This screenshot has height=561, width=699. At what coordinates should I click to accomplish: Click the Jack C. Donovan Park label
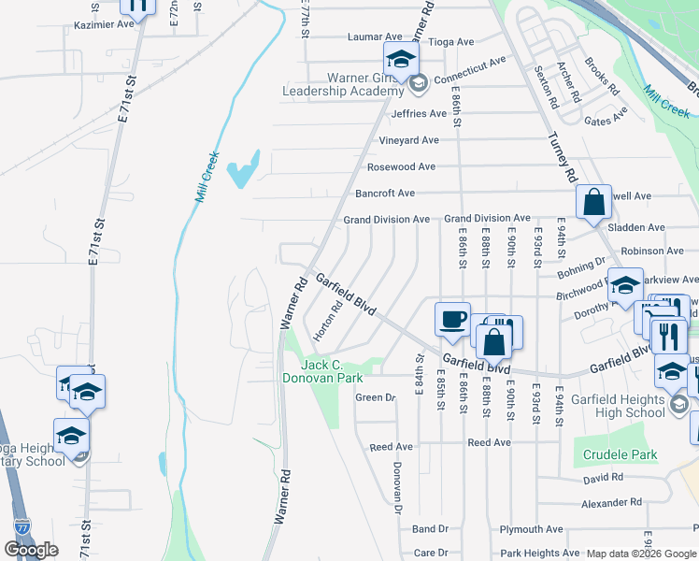(x=322, y=371)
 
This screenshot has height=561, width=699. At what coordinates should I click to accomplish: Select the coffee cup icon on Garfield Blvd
(x=452, y=319)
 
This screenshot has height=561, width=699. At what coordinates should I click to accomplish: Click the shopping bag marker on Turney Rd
(x=593, y=201)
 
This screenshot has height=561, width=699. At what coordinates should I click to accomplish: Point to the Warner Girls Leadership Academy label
(x=344, y=84)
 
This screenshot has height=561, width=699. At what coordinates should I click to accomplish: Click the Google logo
(x=32, y=550)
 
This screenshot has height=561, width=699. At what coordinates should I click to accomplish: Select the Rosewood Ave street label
(x=401, y=166)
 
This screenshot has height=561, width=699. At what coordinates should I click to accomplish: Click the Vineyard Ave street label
(x=408, y=140)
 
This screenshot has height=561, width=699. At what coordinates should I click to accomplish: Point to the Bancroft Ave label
(x=385, y=194)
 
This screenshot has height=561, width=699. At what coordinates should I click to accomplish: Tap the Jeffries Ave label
(x=420, y=114)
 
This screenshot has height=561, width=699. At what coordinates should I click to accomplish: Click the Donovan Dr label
(x=397, y=486)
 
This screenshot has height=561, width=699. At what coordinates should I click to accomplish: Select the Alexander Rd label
(x=611, y=502)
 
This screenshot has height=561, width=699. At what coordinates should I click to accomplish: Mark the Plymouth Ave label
(x=531, y=529)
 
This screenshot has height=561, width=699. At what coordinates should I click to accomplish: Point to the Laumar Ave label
(x=374, y=37)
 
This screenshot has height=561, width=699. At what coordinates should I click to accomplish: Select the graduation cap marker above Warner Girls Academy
(x=400, y=59)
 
